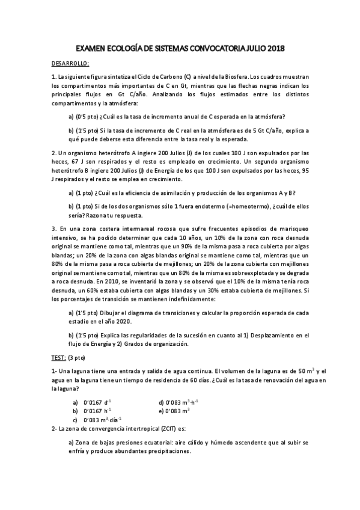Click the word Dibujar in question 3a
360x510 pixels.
[111, 313]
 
